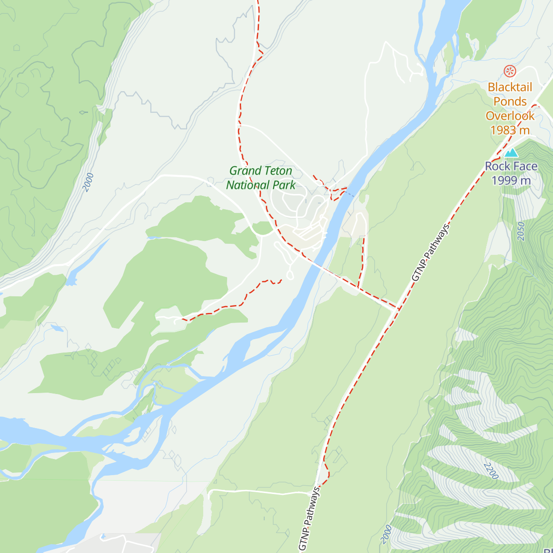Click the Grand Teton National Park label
(x=261, y=178)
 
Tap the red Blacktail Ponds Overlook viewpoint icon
(x=509, y=71)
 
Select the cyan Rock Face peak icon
(x=511, y=153)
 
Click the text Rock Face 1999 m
(x=511, y=173)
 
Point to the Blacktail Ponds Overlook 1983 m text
(x=510, y=109)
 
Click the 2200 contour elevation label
(x=491, y=471)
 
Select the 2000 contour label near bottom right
(x=387, y=535)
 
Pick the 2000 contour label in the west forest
(x=88, y=182)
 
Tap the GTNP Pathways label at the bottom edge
(x=309, y=518)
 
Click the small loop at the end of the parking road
(x=290, y=276)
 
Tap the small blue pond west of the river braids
(x=57, y=328)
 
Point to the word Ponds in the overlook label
(x=510, y=101)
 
